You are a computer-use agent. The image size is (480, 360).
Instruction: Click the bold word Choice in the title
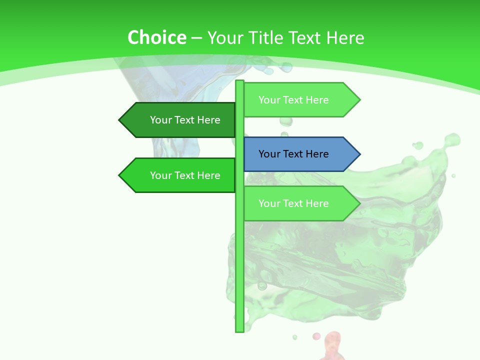point(156,37)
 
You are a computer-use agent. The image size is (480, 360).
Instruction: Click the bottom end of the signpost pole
point(239,330)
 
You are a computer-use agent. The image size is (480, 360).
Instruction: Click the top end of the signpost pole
point(239,82)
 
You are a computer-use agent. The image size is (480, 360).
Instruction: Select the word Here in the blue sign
point(317,154)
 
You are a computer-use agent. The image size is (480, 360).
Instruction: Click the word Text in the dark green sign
point(184,120)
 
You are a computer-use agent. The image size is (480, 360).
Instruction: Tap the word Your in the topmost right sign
point(269,100)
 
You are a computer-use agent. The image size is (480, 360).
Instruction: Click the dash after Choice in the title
point(196,38)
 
